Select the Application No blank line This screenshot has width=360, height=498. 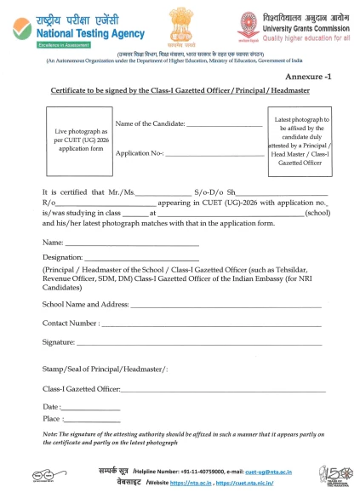(x=214, y=154)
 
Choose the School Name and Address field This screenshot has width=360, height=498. (x=225, y=306)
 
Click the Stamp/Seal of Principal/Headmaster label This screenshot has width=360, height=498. (x=105, y=369)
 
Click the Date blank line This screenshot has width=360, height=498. (x=91, y=409)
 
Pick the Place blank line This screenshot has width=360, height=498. (x=92, y=421)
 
